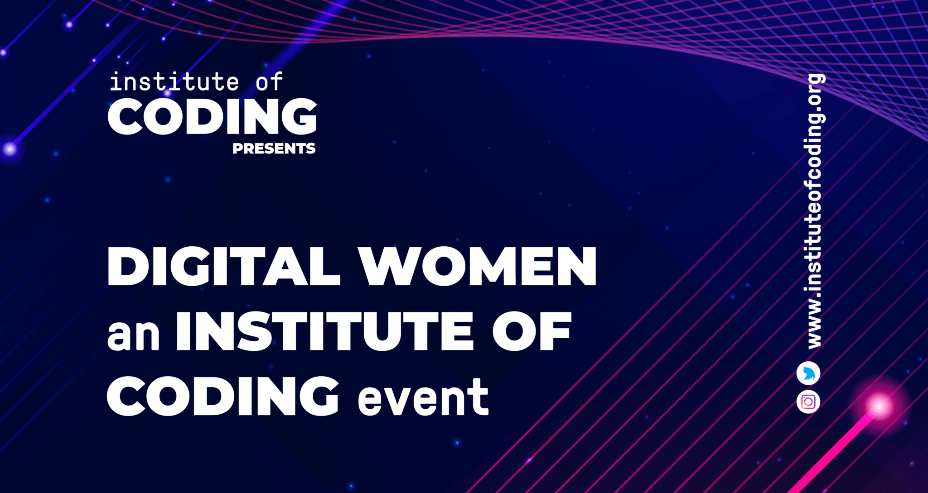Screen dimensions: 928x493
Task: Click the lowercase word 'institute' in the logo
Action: [x=174, y=81]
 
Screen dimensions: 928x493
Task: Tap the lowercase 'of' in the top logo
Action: [x=270, y=81]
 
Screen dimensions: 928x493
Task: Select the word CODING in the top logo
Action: [x=212, y=116]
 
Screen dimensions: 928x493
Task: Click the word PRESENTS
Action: [x=274, y=148]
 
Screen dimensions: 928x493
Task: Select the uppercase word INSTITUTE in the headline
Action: [x=325, y=331]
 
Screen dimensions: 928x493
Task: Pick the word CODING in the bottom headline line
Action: [x=223, y=396]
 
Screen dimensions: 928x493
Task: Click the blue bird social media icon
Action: [x=808, y=373]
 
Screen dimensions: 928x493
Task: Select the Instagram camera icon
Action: [x=808, y=402]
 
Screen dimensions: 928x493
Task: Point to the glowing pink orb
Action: [x=879, y=406]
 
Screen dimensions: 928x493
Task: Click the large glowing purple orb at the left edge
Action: [x=10, y=148]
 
